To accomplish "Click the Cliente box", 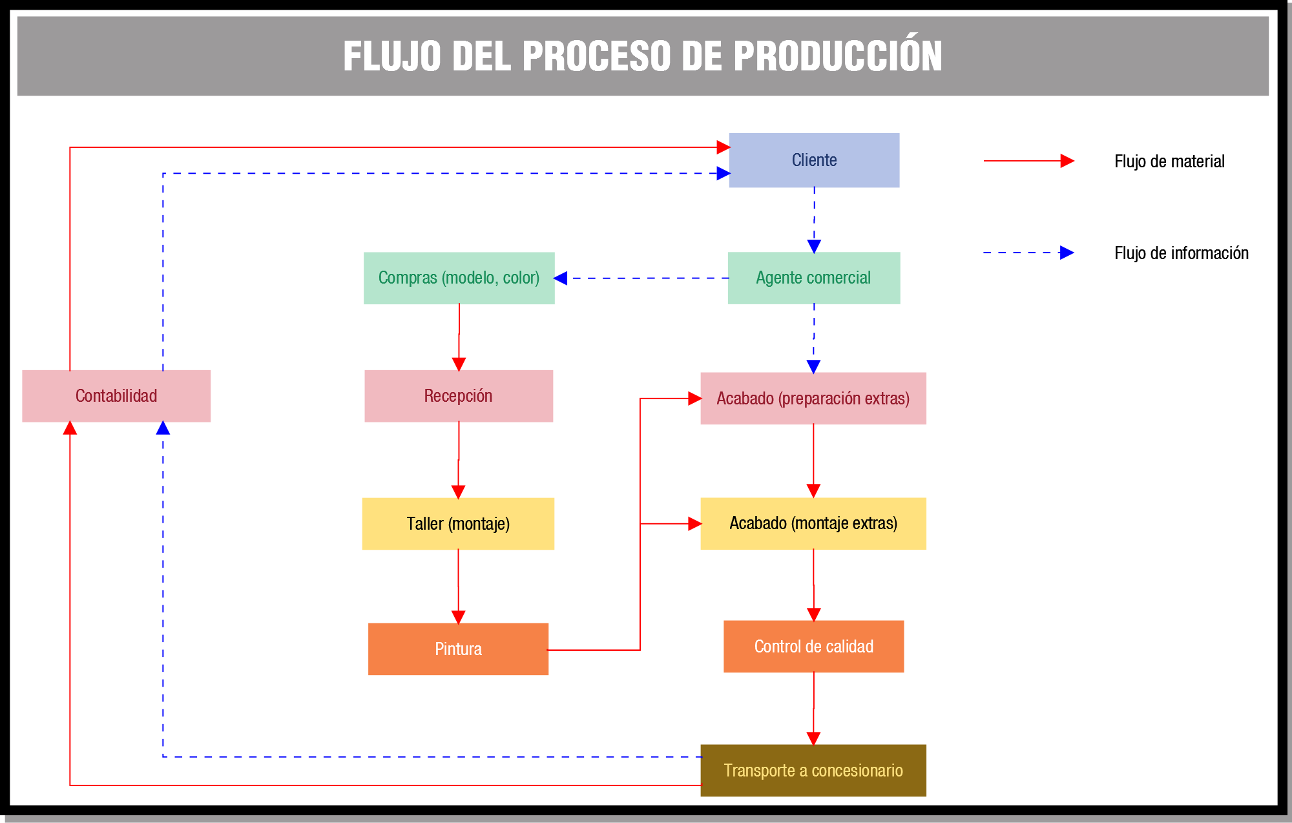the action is pos(814,160).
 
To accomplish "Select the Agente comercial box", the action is pos(813,278).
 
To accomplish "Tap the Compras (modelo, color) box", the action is pos(459,278).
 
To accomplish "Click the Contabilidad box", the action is pos(116,396).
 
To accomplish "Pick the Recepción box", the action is pos(458,396).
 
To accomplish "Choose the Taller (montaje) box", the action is pos(458,523).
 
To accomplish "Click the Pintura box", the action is pos(458,649).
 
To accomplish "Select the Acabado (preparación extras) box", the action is pos(813,398).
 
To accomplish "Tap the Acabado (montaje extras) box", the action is pos(813,523).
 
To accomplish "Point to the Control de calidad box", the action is pos(813,646).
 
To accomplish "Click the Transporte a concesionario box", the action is pos(813,770).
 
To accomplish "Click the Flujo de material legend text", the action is pos(1169,161).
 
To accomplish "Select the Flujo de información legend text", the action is pos(1181,253).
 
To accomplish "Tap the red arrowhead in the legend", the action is pos(1067,161).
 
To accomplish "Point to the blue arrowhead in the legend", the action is pos(1067,253).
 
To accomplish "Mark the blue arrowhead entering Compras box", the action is pos(561,278).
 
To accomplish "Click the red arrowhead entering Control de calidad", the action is pos(813,614).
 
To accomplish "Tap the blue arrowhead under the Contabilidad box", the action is pos(163,428).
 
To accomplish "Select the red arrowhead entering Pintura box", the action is pos(458,617).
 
